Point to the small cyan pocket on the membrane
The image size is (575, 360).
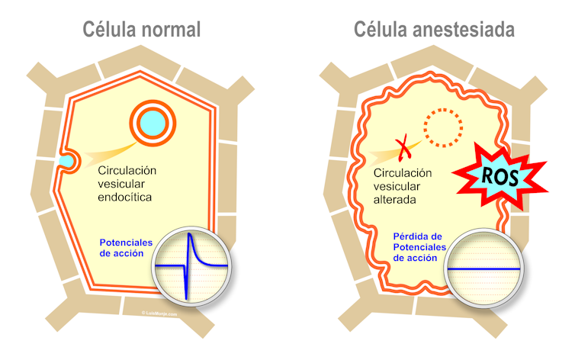coord(68,161)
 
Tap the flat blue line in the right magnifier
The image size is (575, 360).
coord(484,269)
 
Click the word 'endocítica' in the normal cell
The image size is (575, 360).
coord(126,198)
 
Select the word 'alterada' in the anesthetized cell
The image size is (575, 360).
coord(394,200)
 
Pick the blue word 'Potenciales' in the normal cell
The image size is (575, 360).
coord(126,243)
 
